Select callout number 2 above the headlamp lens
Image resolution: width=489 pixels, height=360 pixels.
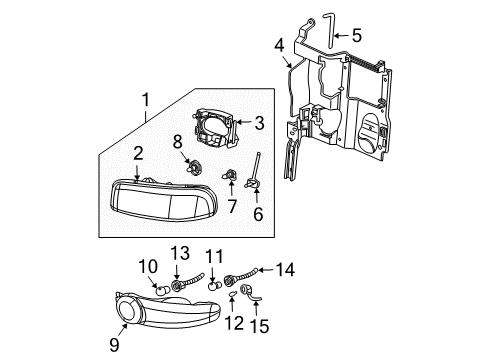coord(138,152)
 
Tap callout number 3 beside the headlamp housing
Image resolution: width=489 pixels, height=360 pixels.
coord(258,123)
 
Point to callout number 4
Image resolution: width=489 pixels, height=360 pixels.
coord(280,44)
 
